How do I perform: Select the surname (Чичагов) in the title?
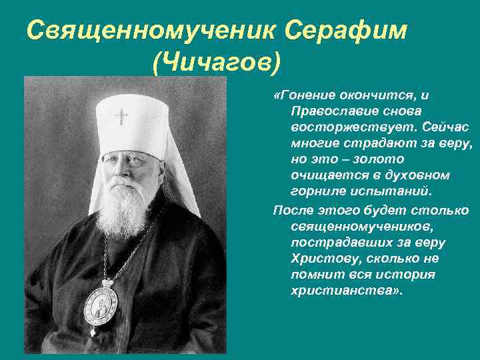[x=216, y=64]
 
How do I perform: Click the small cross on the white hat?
[x=121, y=117]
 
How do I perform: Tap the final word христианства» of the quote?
[x=347, y=291]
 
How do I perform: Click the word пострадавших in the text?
[x=338, y=242]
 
